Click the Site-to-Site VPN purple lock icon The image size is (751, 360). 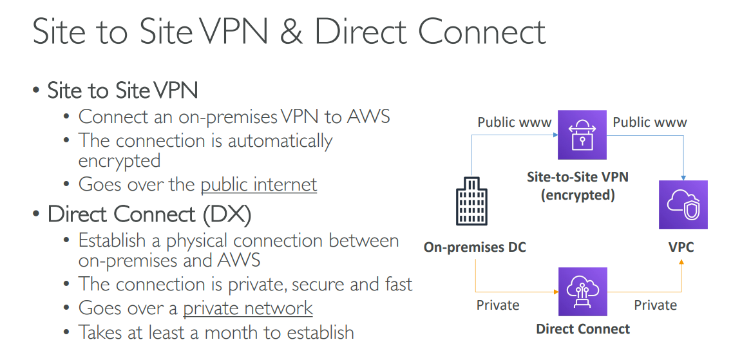click(582, 134)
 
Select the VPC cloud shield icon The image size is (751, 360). click(683, 205)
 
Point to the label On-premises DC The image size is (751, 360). click(475, 247)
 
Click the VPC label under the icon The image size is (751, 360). click(681, 247)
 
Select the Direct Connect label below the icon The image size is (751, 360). click(583, 329)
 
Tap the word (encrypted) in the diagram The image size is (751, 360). click(577, 194)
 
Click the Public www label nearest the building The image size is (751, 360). click(514, 122)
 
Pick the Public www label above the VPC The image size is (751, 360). click(650, 122)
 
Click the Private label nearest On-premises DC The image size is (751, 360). click(498, 305)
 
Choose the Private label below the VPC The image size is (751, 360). click(655, 305)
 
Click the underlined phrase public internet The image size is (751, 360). click(259, 184)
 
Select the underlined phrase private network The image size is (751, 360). click(248, 308)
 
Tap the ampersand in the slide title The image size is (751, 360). click(292, 32)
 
